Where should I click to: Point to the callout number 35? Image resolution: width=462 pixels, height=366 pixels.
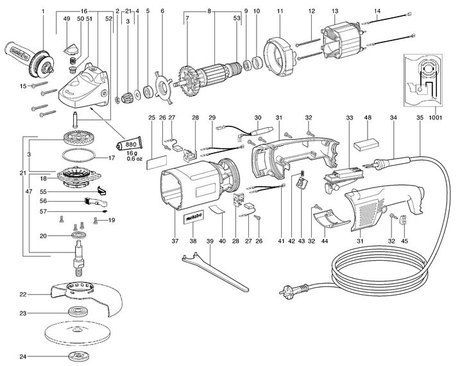(x=420, y=118)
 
